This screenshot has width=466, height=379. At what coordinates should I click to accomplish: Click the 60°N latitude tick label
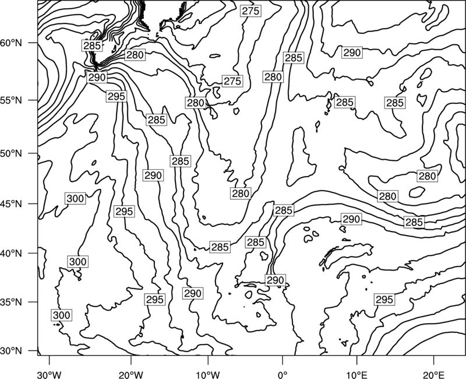tap(11, 43)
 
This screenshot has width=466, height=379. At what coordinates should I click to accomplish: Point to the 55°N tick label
tap(11, 100)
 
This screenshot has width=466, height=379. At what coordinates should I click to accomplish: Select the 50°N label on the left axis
tap(11, 154)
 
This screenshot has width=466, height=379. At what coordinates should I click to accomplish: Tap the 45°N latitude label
tap(11, 204)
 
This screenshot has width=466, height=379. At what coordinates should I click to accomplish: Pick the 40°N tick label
tap(11, 254)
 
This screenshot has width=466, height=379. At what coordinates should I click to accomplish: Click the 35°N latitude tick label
tap(11, 302)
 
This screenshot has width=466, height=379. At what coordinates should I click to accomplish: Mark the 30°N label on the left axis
tap(11, 351)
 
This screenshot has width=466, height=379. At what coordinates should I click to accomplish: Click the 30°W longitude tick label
tap(50, 374)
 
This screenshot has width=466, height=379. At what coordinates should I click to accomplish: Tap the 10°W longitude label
tap(208, 374)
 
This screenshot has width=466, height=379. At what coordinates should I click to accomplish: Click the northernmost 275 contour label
tap(251, 11)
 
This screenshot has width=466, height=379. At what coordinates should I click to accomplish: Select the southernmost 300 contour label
tap(62, 315)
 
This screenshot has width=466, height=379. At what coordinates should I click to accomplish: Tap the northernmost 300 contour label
tap(75, 198)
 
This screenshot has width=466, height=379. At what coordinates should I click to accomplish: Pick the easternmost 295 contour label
tap(384, 300)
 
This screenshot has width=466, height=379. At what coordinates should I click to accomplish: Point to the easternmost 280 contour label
tap(427, 176)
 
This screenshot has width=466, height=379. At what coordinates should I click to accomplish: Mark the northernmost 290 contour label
tap(352, 52)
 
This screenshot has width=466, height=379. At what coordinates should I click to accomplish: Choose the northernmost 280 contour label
tap(135, 55)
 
